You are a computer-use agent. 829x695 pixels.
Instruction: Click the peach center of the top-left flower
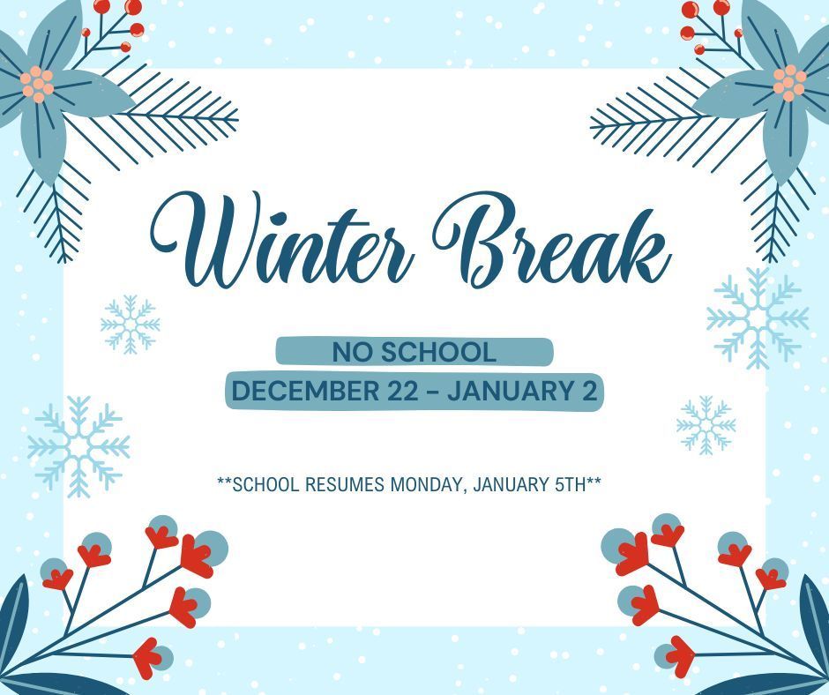pyautogui.click(x=37, y=84)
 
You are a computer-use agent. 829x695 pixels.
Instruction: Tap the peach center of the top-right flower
pyautogui.click(x=789, y=82)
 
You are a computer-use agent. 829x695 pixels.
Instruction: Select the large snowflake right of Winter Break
pyautogui.click(x=758, y=318)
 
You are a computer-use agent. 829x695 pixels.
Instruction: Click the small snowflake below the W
pyautogui.click(x=131, y=325)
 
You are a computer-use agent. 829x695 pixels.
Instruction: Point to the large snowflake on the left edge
pyautogui.click(x=78, y=445)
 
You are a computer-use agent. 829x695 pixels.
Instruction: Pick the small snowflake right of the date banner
pyautogui.click(x=706, y=425)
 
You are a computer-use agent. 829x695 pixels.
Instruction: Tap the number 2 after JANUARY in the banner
pyautogui.click(x=588, y=391)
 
